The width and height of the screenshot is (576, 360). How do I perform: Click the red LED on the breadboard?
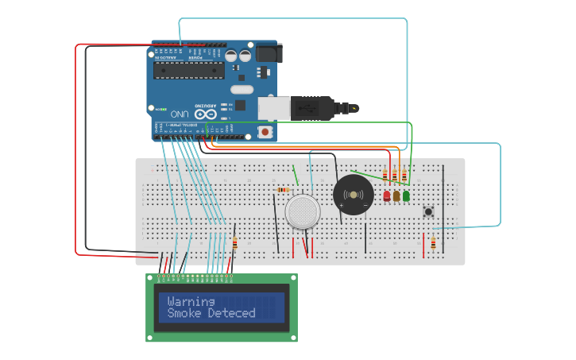click(387, 195)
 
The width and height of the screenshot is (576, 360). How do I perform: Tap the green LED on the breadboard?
click(406, 195)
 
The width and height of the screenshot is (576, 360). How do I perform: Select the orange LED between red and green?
click(396, 195)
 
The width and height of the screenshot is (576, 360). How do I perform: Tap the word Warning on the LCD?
click(191, 301)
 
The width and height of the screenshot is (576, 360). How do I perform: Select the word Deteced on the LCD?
click(232, 313)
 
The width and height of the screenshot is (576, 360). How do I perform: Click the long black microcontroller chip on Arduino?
click(184, 70)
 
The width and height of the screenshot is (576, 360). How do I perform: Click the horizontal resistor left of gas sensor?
click(283, 190)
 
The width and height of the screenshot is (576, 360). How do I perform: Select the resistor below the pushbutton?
click(433, 243)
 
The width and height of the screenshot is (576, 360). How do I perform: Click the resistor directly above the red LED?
click(385, 175)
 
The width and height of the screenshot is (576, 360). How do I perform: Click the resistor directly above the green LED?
click(404, 175)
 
